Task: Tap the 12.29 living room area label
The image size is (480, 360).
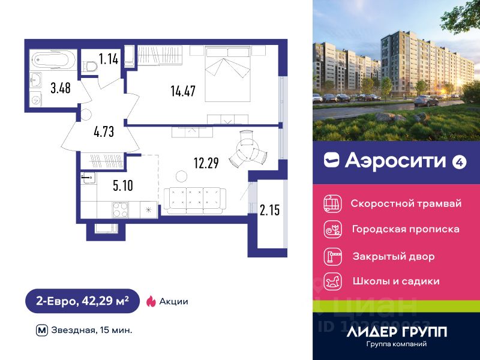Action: point(205,162)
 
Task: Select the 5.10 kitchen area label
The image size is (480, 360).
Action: point(122,185)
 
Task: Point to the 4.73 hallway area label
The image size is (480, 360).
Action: point(103,131)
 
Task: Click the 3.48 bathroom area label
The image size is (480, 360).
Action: point(60,88)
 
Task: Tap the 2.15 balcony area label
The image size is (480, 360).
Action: point(270,210)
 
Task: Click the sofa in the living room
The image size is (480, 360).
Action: point(194,200)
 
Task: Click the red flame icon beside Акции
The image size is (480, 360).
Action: point(151,301)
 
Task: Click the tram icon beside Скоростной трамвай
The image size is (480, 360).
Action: point(332,203)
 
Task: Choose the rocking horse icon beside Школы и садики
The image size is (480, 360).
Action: point(332,280)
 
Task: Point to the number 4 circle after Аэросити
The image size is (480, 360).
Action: point(460,160)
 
